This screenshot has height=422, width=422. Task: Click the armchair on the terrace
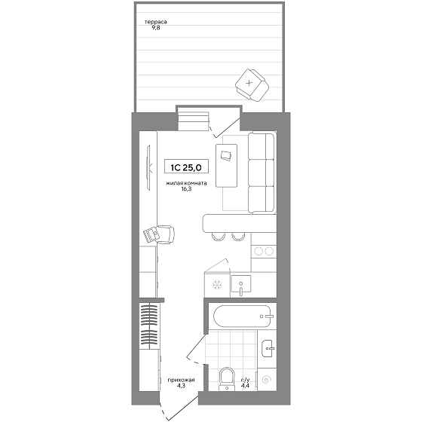tap(252, 85)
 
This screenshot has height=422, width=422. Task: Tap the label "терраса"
tap(155, 22)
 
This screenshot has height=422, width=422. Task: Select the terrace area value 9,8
tap(155, 27)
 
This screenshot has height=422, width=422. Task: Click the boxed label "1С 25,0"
tap(186, 167)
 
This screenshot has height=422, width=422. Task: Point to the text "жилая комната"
tap(186, 184)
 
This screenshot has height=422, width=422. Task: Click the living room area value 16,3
tap(186, 189)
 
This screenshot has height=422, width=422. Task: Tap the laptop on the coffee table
tap(225, 156)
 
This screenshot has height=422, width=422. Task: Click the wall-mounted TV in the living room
tap(148, 167)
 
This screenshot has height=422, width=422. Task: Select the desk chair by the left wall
tap(159, 234)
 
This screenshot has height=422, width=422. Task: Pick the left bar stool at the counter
tap(219, 237)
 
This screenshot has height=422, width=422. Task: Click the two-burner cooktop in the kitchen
tap(264, 251)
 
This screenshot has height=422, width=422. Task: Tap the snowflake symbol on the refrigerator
tap(217, 285)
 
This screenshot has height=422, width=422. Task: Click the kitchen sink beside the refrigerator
tap(241, 286)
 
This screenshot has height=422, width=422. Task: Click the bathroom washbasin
tap(268, 348)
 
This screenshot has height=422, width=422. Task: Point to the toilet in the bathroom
tap(228, 379)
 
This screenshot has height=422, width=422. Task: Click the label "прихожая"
tap(181, 380)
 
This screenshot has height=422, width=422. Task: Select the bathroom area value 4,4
tap(245, 385)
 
